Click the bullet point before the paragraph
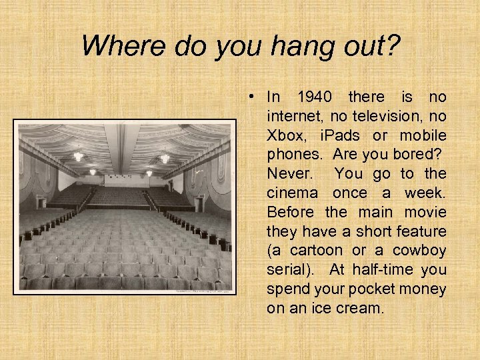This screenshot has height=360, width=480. tap(250, 97)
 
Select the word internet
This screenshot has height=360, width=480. tap(293, 117)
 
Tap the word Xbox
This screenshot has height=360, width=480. tap(285, 136)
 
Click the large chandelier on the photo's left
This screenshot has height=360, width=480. tap(79, 156)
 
